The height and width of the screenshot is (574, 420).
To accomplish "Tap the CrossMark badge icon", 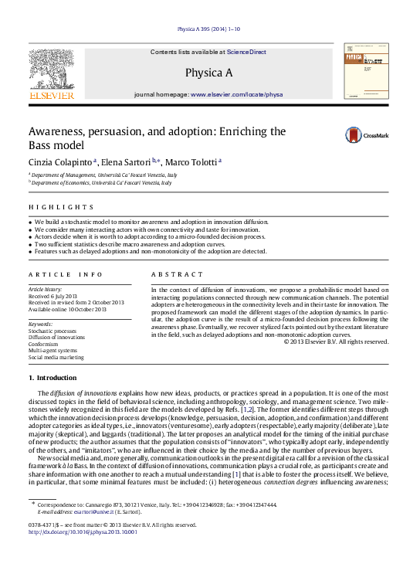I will (332, 136).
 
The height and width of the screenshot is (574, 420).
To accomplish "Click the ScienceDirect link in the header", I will (246, 52).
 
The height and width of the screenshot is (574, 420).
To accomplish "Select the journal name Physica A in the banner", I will (208, 73).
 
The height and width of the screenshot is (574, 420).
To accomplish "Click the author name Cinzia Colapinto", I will (60, 161).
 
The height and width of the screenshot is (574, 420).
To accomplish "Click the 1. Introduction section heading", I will (52, 378).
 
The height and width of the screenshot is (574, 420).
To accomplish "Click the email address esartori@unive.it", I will (92, 511).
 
